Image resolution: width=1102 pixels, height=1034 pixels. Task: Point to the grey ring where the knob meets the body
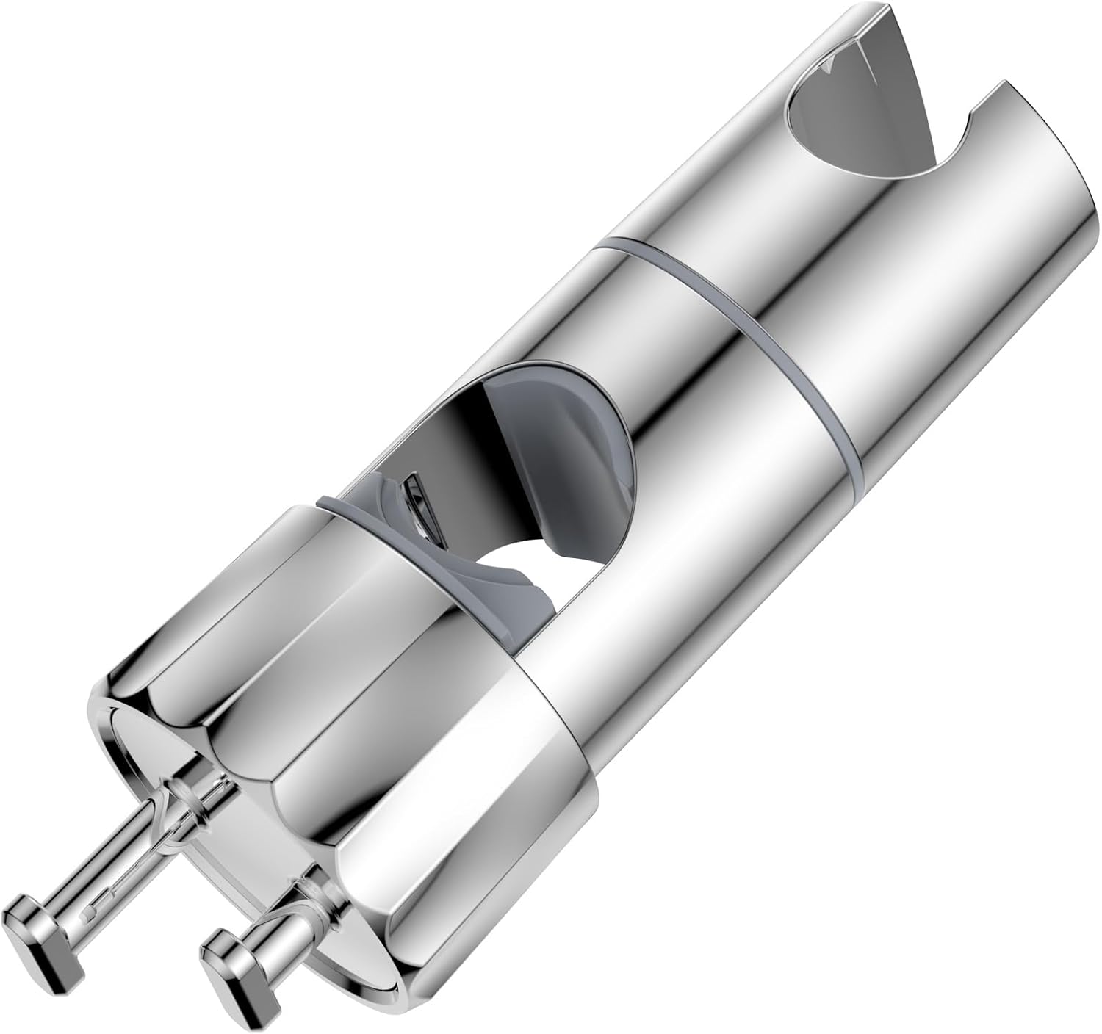tap(345, 507)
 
